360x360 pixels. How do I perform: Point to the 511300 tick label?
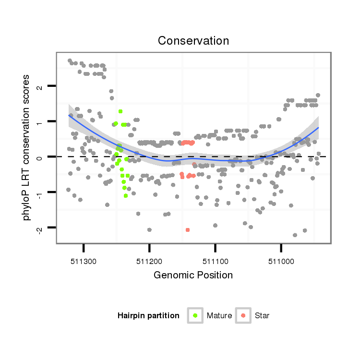[x=84, y=262]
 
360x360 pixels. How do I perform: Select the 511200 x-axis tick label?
[x=149, y=262]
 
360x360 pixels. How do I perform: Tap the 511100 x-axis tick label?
[x=215, y=262]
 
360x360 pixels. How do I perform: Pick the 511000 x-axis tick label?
[x=281, y=262]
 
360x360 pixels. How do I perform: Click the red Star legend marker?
[x=243, y=315]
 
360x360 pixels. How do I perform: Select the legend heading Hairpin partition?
[x=148, y=316]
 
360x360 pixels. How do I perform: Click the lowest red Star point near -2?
[x=187, y=230]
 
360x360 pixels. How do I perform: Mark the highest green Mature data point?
[x=120, y=111]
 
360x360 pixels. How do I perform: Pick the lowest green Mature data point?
[x=126, y=195]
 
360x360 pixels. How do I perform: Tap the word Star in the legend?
[x=262, y=316]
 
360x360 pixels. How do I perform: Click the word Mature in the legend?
[x=219, y=316]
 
